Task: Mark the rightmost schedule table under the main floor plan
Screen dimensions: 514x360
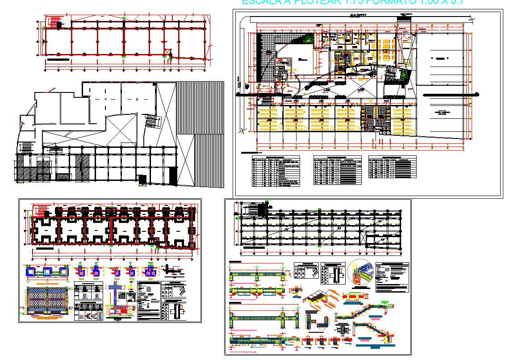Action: [x=392, y=167]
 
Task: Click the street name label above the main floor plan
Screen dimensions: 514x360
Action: [x=357, y=15]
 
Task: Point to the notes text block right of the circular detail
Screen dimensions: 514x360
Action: [x=392, y=277]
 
